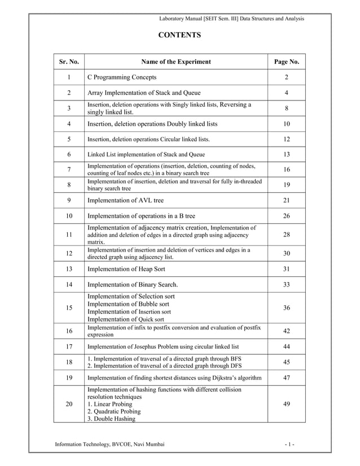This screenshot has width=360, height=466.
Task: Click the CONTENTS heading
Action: [179, 36]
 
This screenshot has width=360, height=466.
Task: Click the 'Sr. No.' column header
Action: [68, 61]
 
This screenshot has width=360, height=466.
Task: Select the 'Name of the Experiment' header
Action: [175, 61]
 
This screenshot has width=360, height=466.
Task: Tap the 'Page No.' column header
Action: [286, 61]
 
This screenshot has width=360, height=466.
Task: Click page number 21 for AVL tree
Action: [286, 200]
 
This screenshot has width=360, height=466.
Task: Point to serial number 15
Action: [68, 307]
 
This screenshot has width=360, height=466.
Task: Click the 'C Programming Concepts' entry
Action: [121, 77]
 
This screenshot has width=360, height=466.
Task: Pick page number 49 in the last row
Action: [286, 403]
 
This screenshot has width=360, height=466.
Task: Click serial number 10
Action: [68, 216]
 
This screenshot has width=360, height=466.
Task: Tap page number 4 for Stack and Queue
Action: [286, 93]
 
